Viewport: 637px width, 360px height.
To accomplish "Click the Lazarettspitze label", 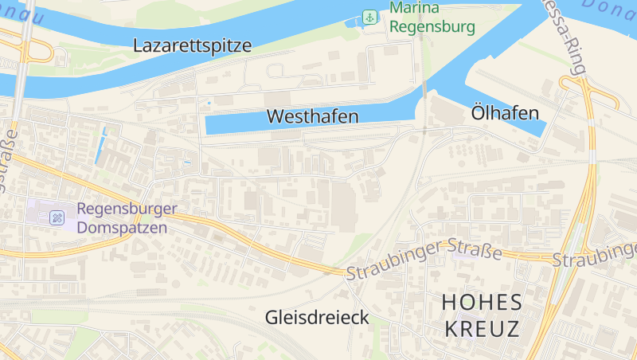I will pos(193,45).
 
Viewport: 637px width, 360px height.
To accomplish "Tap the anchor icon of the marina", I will pos(369,17).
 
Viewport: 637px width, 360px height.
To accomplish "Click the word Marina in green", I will pos(414,10).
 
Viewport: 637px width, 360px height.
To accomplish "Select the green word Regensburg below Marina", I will pos(432,27).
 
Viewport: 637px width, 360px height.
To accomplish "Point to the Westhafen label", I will pos(312,116).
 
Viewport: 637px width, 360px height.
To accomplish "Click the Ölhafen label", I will pos(505,112).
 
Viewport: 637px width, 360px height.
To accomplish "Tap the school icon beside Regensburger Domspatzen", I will pos(57,217).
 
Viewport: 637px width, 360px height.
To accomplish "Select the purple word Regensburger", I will pos(127,209).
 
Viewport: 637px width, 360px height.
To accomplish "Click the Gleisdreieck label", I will pos(317,318).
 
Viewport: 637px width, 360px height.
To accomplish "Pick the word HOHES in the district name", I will pos(482,303).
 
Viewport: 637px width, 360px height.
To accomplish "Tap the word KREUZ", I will pos(482,328).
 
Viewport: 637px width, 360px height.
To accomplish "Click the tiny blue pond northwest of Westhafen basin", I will pos(209,103).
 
